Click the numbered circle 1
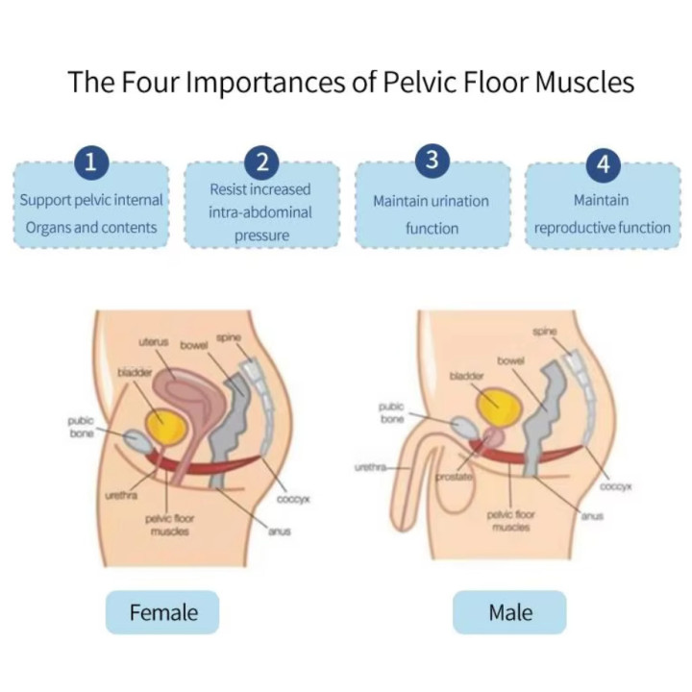tap(91, 162)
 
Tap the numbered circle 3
tap(432, 160)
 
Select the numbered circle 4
tap(604, 164)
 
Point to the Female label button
tap(162, 612)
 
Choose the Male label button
tap(509, 612)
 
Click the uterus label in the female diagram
tap(154, 342)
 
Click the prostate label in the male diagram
tap(454, 477)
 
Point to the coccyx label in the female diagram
tap(293, 499)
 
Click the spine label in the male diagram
tap(545, 332)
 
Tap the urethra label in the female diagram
tap(121, 496)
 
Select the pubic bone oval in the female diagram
tap(136, 441)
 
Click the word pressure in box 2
tap(261, 235)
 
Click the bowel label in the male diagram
tap(510, 361)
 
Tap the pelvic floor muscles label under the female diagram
tap(169, 525)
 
